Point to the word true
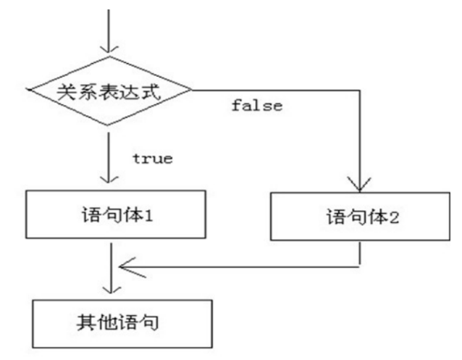[x=152, y=159]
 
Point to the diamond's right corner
[x=193, y=91]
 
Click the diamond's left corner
[x=28, y=91]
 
